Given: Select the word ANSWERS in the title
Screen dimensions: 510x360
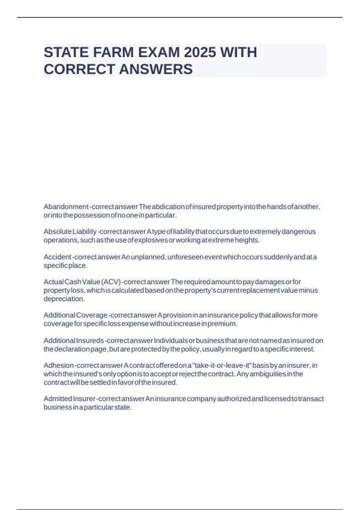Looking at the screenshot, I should click(x=156, y=69).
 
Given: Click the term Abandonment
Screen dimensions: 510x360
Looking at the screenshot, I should click(x=66, y=207).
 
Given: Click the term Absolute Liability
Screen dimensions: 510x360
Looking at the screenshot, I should click(x=70, y=232).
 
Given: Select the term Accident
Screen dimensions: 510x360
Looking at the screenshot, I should click(x=57, y=257).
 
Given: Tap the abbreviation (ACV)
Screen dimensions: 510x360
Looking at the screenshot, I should click(x=111, y=282).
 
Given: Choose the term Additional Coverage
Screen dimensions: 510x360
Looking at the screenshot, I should click(x=75, y=315).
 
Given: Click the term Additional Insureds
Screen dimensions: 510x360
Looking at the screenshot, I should click(x=73, y=341).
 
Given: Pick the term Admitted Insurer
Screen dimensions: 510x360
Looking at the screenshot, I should click(x=69, y=399).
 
